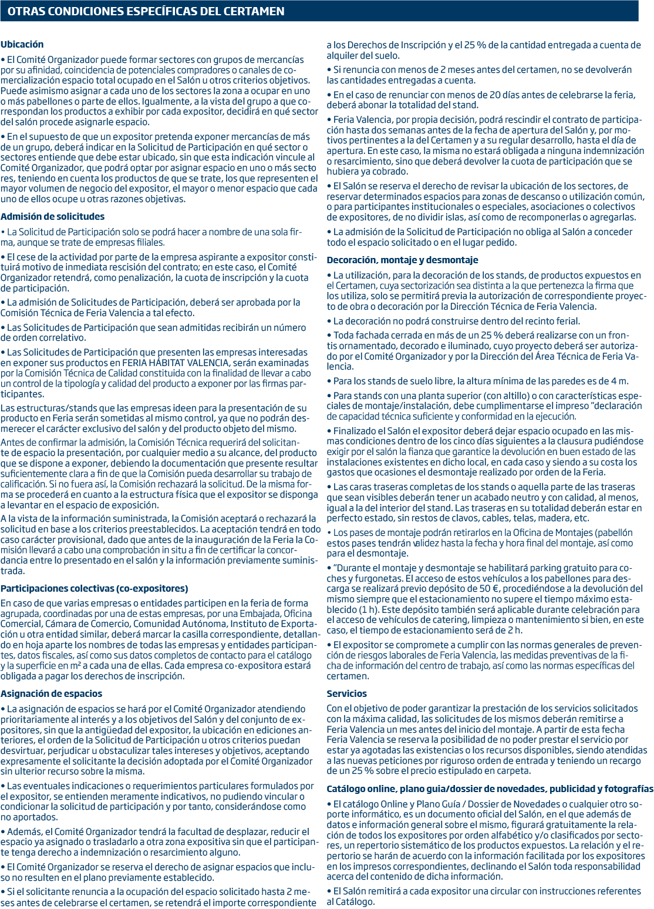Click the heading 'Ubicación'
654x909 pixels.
click(22, 45)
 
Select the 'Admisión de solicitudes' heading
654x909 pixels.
click(52, 217)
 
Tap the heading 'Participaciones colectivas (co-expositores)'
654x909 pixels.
click(94, 589)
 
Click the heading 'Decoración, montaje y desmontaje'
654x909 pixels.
click(402, 260)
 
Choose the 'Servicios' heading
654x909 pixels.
click(346, 694)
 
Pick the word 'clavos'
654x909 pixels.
click(483, 518)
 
